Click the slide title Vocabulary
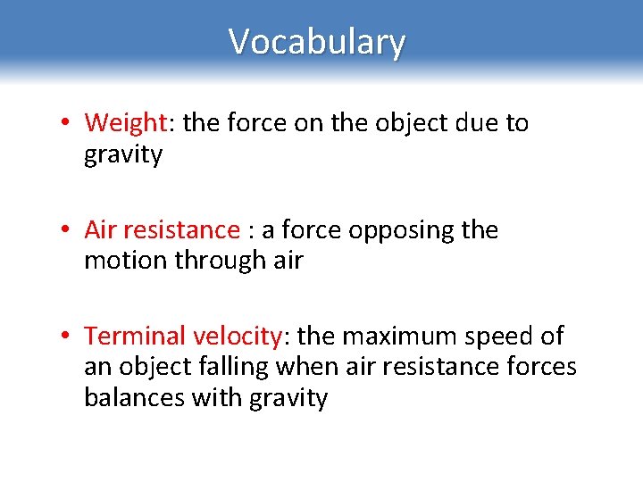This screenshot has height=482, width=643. pyautogui.click(x=317, y=42)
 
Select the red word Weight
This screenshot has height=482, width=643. pyautogui.click(x=125, y=122)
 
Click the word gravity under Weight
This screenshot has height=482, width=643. pyautogui.click(x=123, y=155)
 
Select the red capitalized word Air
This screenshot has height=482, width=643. pyautogui.click(x=100, y=229)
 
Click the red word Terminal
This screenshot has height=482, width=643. pyautogui.click(x=134, y=336)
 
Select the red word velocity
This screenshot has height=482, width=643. pyautogui.click(x=237, y=336)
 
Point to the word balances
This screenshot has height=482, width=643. pyautogui.click(x=134, y=397)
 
